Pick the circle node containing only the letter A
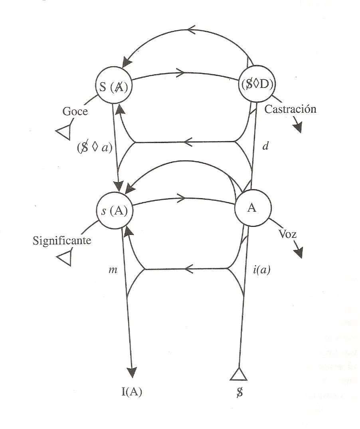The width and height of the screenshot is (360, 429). (x=252, y=208)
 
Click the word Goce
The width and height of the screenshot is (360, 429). (x=75, y=111)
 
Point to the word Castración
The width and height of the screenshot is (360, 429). (x=291, y=109)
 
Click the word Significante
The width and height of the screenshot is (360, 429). (x=62, y=241)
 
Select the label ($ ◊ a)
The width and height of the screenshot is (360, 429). (x=95, y=146)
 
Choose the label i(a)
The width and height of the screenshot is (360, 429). (x=262, y=270)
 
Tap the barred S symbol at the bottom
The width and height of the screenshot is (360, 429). (x=239, y=392)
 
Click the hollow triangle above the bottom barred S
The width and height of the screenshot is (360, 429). (x=239, y=374)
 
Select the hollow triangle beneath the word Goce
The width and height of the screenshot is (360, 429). (x=64, y=131)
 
